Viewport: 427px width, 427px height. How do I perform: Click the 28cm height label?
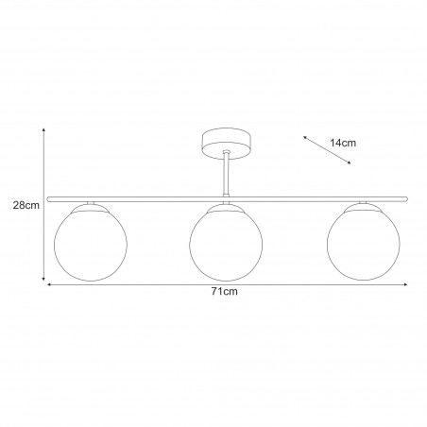[x=26, y=205]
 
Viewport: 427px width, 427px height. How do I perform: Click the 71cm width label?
[x=225, y=292]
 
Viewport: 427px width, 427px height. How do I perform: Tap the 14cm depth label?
[x=343, y=143]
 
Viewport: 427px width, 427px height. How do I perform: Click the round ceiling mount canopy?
[x=227, y=144]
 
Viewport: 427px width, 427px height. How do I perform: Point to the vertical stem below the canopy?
[x=226, y=173]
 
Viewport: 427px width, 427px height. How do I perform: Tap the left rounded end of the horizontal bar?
[x=48, y=199]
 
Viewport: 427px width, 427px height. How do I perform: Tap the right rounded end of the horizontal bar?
[x=406, y=198]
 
